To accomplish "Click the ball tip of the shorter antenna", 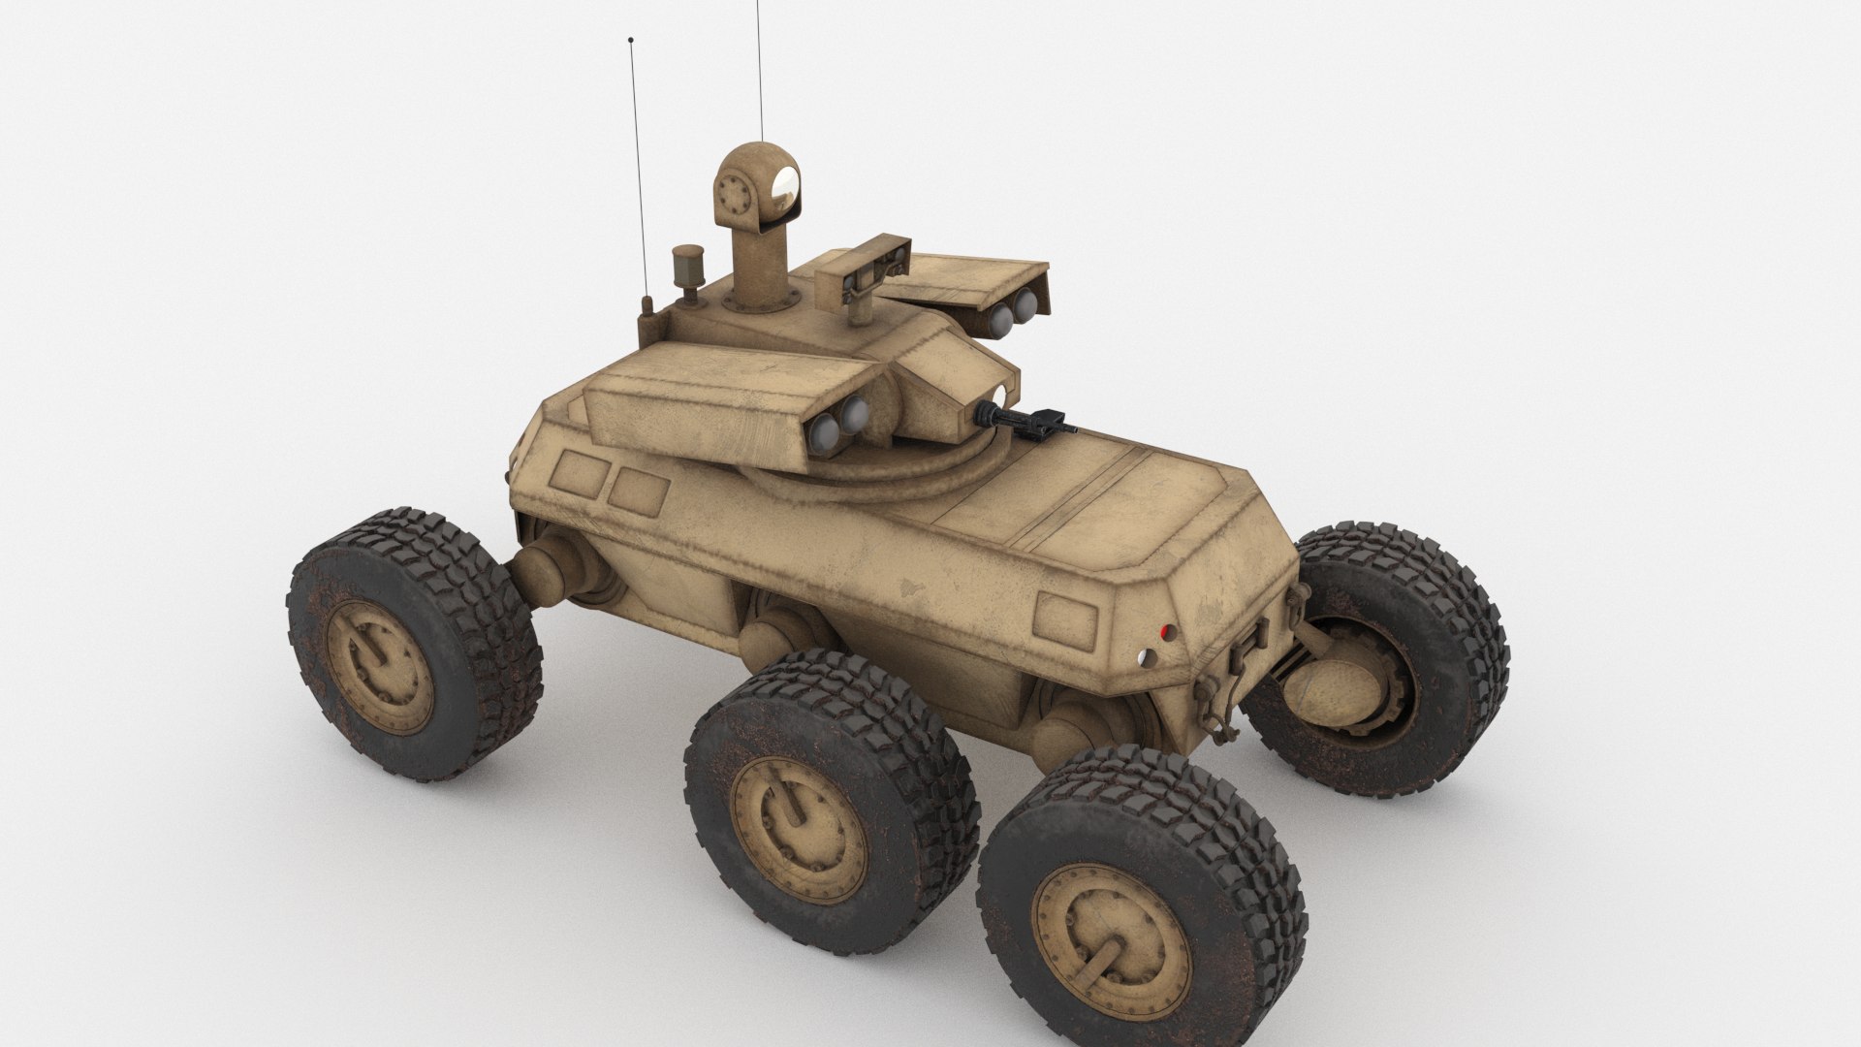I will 632,41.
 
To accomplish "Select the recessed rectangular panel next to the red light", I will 1067,613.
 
